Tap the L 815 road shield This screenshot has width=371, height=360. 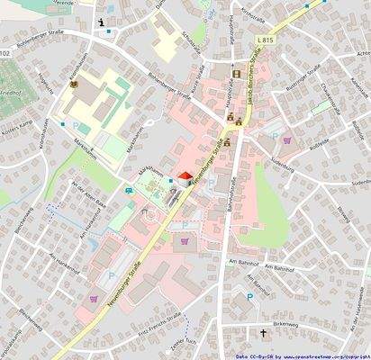click(288, 43)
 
